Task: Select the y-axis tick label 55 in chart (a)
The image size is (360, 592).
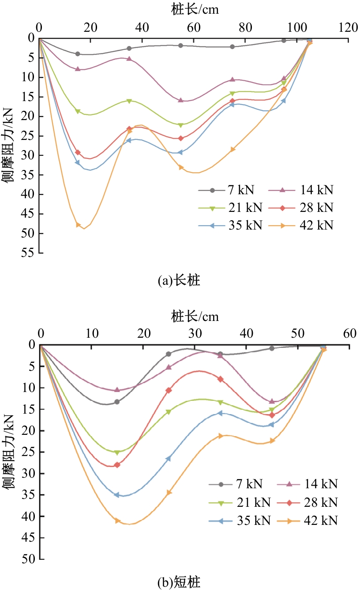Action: (30, 253)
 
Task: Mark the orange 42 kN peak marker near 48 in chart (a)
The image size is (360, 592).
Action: (79, 225)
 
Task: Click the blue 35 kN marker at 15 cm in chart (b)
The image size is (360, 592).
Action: (117, 495)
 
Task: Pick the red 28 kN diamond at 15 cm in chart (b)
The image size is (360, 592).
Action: (117, 465)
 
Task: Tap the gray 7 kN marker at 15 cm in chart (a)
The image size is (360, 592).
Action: (78, 54)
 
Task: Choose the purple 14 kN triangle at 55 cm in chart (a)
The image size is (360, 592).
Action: (180, 100)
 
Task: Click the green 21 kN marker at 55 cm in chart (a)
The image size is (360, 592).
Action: (180, 125)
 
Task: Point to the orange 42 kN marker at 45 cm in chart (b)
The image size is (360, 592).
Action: (272, 441)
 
